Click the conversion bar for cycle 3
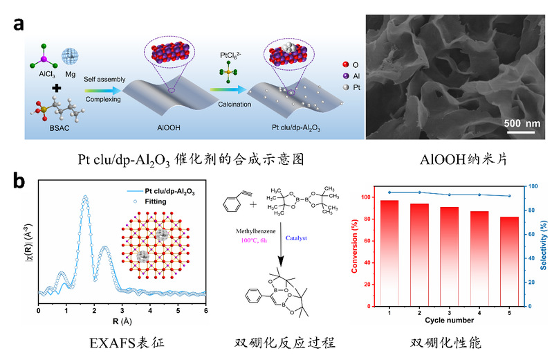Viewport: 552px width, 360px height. tap(449, 256)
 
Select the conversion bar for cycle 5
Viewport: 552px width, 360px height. tap(509, 262)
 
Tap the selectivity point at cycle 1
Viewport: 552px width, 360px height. tap(389, 192)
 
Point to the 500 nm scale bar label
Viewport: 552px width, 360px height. tap(522, 123)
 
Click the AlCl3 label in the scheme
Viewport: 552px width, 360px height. tap(47, 75)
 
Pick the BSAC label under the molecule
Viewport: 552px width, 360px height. tap(59, 128)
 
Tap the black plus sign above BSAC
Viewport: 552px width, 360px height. tap(56, 88)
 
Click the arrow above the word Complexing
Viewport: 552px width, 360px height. tap(103, 91)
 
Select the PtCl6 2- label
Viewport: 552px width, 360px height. tap(230, 55)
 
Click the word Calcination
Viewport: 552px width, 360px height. tap(234, 105)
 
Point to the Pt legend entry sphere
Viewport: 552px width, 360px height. tap(346, 87)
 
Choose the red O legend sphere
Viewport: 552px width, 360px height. tap(346, 64)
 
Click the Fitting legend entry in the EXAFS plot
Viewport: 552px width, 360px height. tap(149, 201)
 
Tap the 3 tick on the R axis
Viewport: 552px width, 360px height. tap(122, 311)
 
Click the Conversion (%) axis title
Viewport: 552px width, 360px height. tap(354, 246)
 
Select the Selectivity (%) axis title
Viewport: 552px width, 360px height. tap(544, 245)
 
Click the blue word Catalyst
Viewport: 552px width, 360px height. tap(296, 238)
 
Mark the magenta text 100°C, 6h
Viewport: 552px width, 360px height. tap(254, 241)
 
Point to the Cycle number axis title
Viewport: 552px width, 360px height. tap(449, 321)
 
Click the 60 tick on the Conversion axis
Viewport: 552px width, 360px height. tap(367, 241)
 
